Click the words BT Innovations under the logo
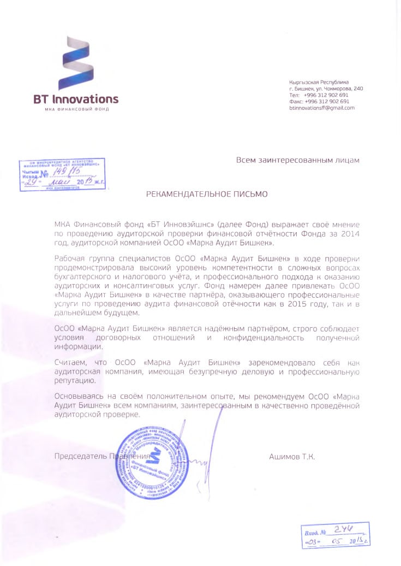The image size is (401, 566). coord(76,99)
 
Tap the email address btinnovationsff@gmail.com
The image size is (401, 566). coord(322,108)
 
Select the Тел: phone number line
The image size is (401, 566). coord(319,95)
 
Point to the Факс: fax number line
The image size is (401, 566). coord(319,102)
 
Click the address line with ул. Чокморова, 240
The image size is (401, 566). coord(326,89)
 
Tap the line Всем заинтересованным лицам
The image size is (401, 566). coord(298,160)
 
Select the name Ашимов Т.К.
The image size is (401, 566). coord(292,456)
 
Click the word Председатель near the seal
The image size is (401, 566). coord(80,456)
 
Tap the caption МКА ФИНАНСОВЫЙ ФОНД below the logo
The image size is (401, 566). coord(76,109)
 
